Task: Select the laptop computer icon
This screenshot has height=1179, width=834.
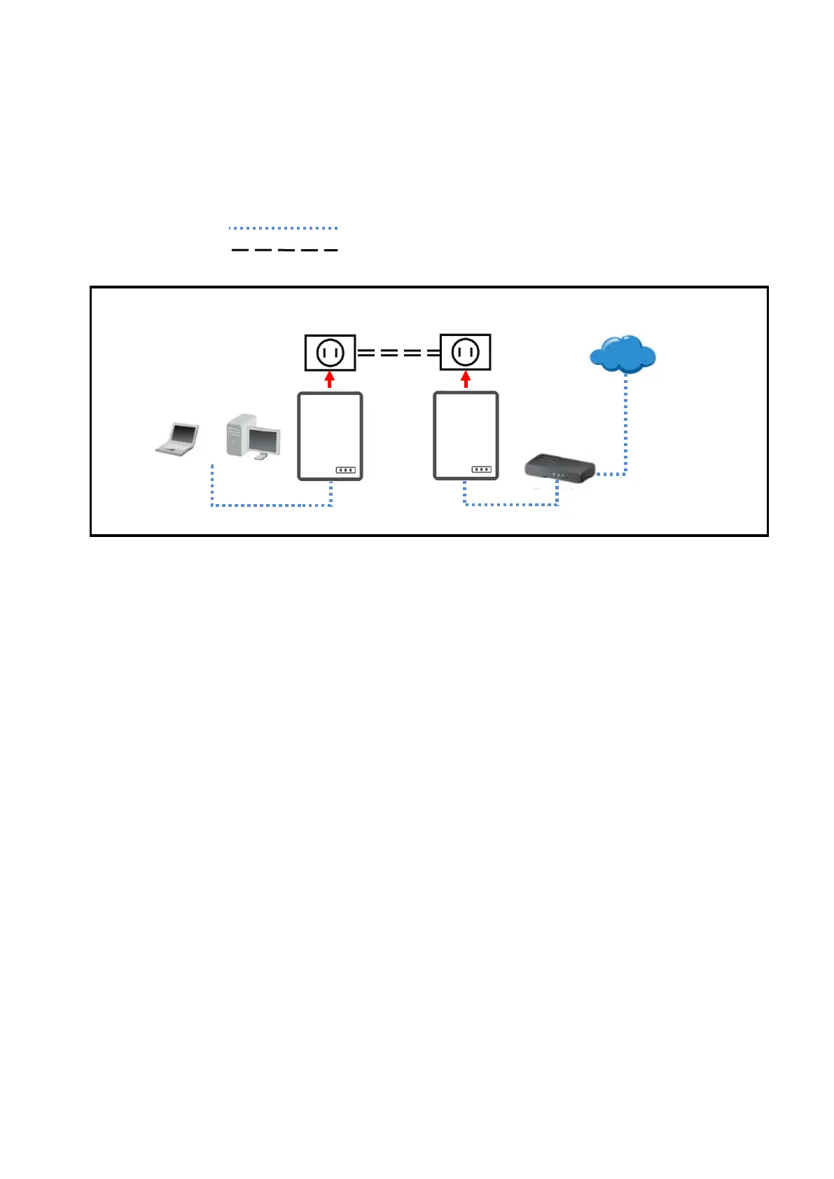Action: [177, 439]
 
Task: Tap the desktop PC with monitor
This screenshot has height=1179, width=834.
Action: [253, 437]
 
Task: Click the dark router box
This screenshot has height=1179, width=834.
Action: [560, 467]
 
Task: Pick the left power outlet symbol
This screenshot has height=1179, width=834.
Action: [330, 353]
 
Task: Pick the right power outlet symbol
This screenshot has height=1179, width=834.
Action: [465, 353]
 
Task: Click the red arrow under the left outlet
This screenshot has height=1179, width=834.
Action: [330, 380]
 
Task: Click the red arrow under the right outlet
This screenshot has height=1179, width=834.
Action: [466, 380]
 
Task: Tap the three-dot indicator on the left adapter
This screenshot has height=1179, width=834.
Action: [345, 470]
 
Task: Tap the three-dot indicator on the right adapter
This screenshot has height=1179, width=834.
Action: [481, 469]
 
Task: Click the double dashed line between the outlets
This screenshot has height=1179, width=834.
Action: [398, 353]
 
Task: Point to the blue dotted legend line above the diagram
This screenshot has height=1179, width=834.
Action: [284, 228]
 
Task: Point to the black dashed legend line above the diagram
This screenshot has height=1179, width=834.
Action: [284, 249]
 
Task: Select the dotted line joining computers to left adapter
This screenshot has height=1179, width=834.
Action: [272, 505]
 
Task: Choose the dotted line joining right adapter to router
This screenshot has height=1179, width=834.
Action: [511, 503]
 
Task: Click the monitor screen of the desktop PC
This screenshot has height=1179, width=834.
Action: [264, 440]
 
